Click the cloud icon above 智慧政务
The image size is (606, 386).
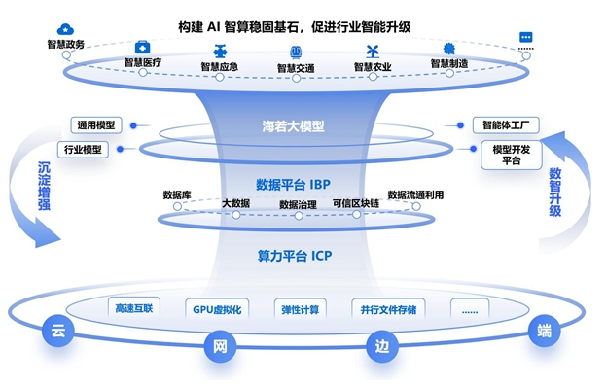click(x=65, y=29)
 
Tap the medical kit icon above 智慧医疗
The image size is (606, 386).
click(x=142, y=48)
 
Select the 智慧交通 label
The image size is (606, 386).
click(x=296, y=68)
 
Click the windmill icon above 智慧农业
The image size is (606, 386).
click(x=373, y=52)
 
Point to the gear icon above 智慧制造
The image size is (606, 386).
click(x=448, y=49)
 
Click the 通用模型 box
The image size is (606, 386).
click(x=96, y=125)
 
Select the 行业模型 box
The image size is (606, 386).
click(x=83, y=150)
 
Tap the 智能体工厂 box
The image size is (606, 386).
click(x=506, y=125)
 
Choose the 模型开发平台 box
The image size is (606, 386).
click(x=512, y=155)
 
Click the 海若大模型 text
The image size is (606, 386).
click(x=293, y=126)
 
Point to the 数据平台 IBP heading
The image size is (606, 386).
click(x=293, y=185)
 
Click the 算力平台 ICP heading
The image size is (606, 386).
click(x=295, y=256)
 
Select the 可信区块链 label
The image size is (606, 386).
click(x=356, y=203)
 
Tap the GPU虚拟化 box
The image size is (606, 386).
click(x=217, y=309)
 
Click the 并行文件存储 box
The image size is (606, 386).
click(x=388, y=309)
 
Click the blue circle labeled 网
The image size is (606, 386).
click(x=220, y=346)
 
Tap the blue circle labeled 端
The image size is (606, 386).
click(x=544, y=332)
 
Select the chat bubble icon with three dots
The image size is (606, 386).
click(x=525, y=37)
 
